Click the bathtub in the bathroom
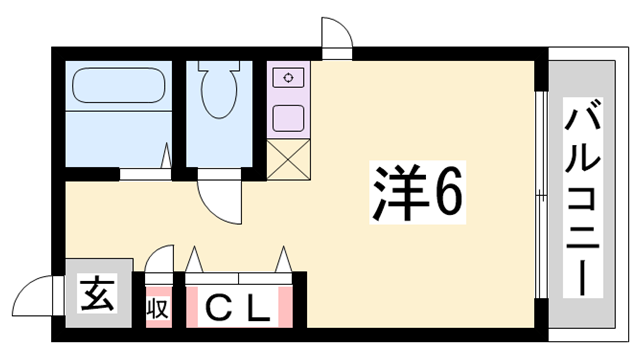tap(119, 85)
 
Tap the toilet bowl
tap(219, 91)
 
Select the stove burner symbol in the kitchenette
tap(289, 78)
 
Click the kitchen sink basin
tap(288, 118)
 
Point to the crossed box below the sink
tap(289, 159)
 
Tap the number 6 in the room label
tap(448, 193)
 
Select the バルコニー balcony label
tap(583, 197)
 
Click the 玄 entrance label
tap(97, 293)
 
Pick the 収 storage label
tap(158, 308)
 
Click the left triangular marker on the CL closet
tap(194, 260)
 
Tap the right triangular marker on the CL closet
tap(283, 259)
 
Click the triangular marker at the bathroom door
tap(166, 155)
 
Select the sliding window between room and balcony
tap(540, 194)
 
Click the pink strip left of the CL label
tap(192, 307)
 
